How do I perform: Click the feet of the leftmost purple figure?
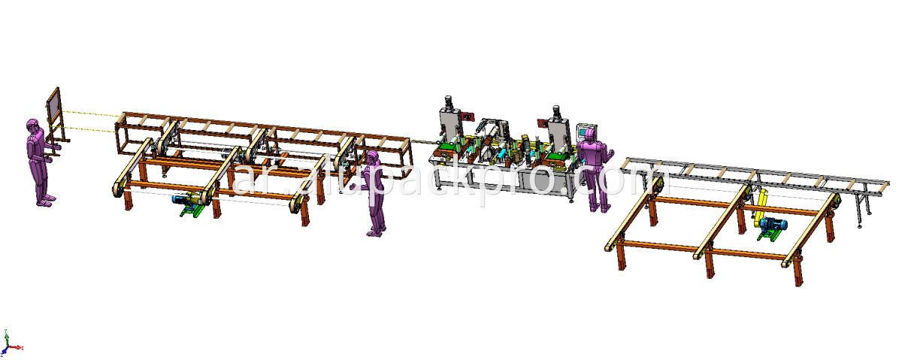[x=45, y=200]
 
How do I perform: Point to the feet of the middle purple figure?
[x=374, y=232]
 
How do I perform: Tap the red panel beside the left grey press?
[x=467, y=118]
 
